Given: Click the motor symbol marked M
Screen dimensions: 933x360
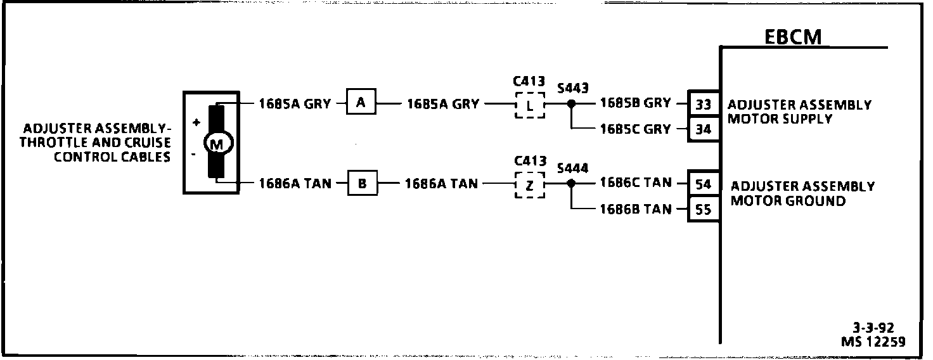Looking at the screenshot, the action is point(216,145).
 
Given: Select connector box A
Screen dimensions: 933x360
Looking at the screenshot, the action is point(361,103).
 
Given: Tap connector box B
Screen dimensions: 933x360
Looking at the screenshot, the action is point(362,184).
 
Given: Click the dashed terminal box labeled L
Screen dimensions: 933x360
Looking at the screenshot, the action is point(529,105).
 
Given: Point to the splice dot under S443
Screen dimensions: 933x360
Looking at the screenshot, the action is point(571,103).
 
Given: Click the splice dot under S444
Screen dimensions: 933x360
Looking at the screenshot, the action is point(571,183).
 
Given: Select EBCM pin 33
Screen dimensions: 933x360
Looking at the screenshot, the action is point(704,104).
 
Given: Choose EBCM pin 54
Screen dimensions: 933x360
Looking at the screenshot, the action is point(704,184).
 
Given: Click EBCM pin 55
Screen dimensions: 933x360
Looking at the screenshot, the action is point(704,209).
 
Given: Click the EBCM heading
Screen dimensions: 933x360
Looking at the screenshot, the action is point(792,37).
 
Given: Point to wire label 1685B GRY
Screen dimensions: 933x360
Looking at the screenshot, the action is point(634,103).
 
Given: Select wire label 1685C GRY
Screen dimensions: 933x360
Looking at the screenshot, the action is point(634,129).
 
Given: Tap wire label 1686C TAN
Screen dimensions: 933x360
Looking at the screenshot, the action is point(635,183).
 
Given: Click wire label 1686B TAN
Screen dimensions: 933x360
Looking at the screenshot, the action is point(635,209).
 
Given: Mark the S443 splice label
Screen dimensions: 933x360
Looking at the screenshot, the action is point(572,87).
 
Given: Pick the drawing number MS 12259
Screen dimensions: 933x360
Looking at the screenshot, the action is point(873,342).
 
